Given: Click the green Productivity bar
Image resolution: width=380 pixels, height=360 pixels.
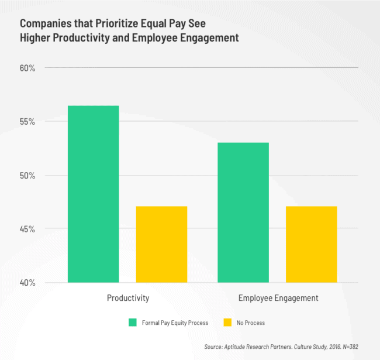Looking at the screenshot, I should (x=93, y=194).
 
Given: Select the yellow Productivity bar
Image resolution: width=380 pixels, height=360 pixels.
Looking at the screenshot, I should (x=161, y=244).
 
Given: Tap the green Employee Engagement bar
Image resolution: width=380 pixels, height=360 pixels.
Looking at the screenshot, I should (x=243, y=212).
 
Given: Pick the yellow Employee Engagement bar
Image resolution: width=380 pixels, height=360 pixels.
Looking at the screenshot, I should (x=311, y=244).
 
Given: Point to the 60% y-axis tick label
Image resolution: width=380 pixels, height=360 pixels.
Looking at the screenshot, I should (x=27, y=68).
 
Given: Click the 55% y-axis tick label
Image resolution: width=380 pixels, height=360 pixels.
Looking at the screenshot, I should (x=27, y=122).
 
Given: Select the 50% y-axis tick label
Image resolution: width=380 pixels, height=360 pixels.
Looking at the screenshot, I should (x=27, y=176).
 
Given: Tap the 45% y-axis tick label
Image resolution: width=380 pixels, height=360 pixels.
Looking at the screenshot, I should (x=27, y=229).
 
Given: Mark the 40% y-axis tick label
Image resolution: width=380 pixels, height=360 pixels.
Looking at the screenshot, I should (x=27, y=283).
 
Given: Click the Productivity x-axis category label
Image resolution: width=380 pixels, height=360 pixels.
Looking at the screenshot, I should (x=128, y=298).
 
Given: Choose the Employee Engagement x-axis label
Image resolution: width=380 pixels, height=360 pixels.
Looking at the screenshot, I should (x=278, y=298).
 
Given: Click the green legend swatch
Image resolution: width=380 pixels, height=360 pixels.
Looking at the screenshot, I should (x=133, y=323).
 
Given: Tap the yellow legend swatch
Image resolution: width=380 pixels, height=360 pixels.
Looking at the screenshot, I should (x=227, y=323).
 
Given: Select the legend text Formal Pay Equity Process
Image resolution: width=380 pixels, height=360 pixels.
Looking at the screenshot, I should (x=174, y=323).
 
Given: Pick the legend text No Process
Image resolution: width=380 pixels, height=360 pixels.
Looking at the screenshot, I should (x=251, y=323).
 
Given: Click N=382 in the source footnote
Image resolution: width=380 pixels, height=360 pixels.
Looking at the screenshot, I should (x=348, y=347).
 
